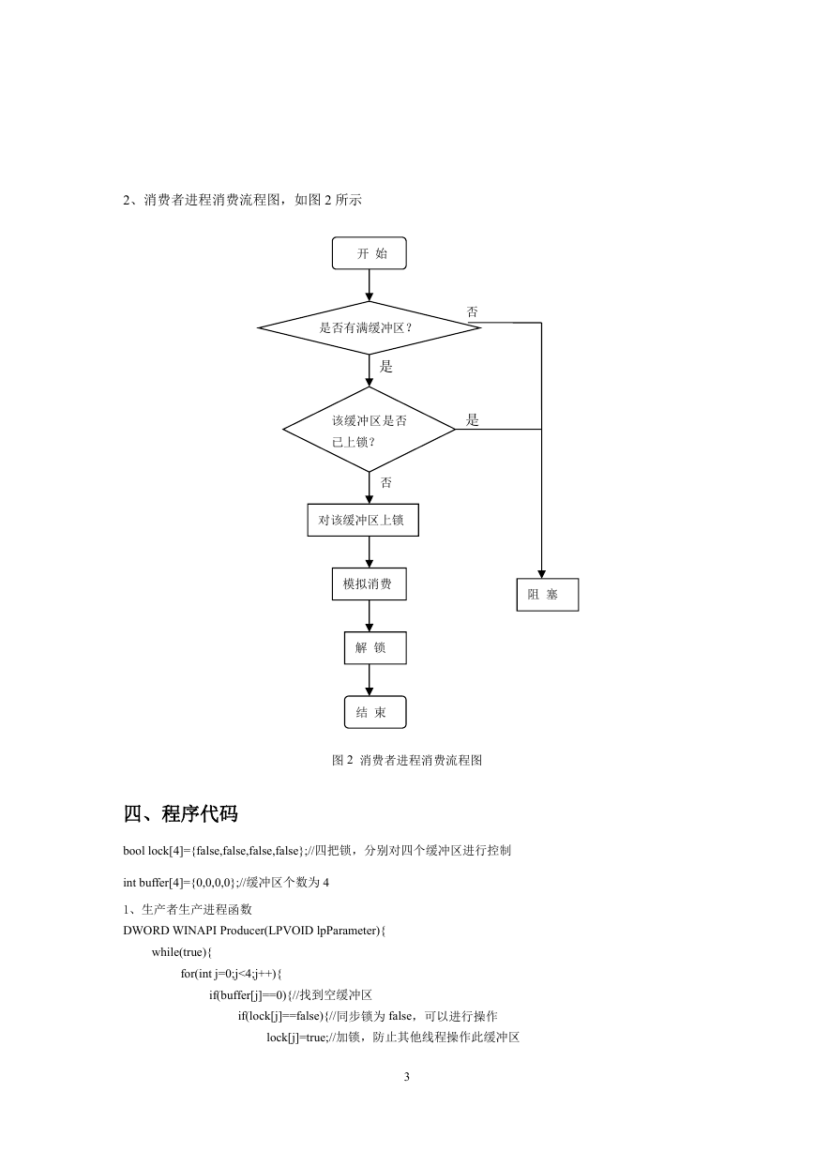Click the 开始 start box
(369, 253)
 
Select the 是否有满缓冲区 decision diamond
(370, 327)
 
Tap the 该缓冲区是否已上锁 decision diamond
(370, 429)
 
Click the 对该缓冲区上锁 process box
(363, 520)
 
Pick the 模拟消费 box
(370, 584)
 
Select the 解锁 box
(375, 647)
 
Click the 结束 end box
(375, 712)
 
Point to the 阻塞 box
(548, 595)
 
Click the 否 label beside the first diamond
(472, 311)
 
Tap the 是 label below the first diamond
(385, 367)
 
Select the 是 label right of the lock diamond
(472, 419)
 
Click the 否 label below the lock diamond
(385, 482)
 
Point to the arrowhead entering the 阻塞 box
(541, 574)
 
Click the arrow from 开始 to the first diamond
(370, 285)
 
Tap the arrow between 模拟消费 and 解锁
(370, 616)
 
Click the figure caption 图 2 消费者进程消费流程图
(407, 760)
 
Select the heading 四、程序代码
(180, 814)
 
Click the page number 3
(407, 1076)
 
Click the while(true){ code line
(182, 952)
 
